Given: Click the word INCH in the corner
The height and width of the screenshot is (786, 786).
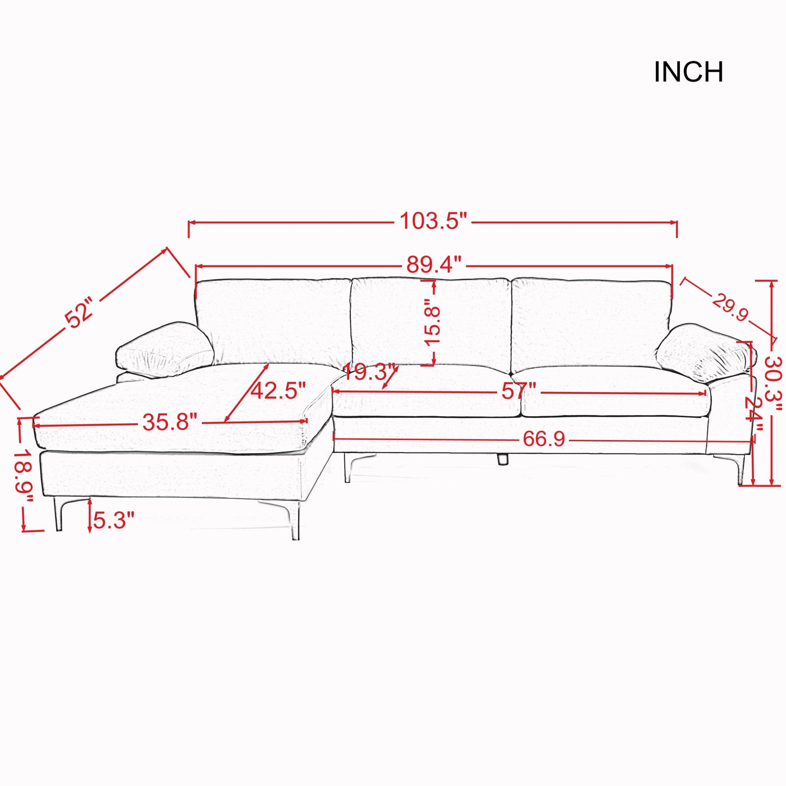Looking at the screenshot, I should [688, 72].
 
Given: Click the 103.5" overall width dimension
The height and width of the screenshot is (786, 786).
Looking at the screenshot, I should [433, 221].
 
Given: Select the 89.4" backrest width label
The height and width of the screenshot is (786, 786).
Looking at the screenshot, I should [434, 265].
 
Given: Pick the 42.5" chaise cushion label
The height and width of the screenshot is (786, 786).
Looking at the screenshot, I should [278, 391].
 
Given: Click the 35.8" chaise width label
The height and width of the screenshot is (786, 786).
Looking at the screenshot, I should [170, 422].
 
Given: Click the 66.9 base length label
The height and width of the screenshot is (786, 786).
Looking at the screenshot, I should [543, 439].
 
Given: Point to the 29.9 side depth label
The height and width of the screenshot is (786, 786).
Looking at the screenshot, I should [730, 307].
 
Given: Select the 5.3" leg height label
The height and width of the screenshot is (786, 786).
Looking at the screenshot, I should [113, 521].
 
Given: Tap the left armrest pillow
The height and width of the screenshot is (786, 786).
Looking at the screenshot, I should [164, 349].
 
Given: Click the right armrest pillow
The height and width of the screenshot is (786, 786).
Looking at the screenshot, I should [704, 351].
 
